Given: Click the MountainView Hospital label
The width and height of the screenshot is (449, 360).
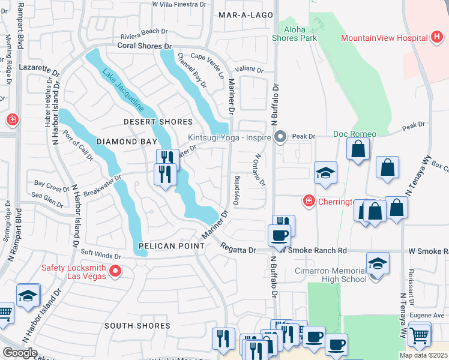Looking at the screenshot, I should tap(384, 38).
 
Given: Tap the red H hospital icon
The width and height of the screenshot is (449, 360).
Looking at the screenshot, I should tap(438, 38).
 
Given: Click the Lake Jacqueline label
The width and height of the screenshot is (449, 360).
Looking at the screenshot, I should tap(123, 92).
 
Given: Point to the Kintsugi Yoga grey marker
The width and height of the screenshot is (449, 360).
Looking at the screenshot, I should tap(280, 137).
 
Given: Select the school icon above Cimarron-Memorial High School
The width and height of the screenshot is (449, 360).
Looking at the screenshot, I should tap(378, 263).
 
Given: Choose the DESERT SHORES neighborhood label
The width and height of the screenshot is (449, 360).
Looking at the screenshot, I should tap(158, 122).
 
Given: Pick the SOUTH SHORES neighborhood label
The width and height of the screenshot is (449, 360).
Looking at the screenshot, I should tap(137, 326).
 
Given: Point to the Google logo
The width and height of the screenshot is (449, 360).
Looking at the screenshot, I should tap(20, 353).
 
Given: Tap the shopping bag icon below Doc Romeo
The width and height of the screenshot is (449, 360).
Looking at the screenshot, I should tap(358, 150).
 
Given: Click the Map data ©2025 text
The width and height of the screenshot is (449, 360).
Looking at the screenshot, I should tap(424, 355).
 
